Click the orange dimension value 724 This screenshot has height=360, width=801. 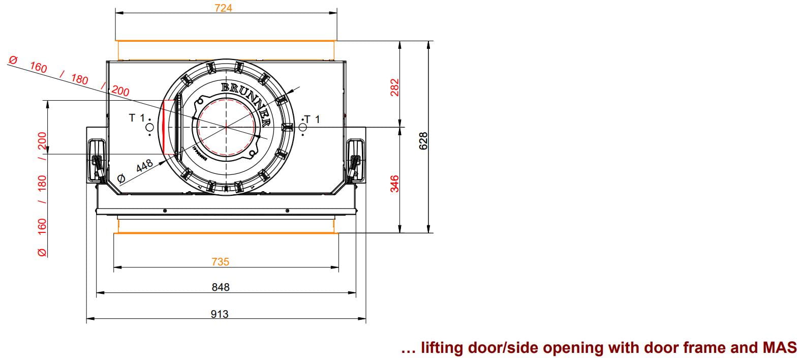[x=223, y=8]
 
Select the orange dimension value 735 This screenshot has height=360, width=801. [x=220, y=261]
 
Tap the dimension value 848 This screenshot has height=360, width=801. [x=220, y=287]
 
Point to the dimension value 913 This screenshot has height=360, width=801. [x=219, y=314]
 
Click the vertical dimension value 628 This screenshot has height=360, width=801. [x=423, y=141]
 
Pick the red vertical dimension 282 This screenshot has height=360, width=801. [x=394, y=87]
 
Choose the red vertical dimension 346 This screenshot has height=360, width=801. [x=394, y=184]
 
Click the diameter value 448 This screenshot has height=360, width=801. [x=144, y=166]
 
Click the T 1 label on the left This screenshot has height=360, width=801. [x=137, y=117]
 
